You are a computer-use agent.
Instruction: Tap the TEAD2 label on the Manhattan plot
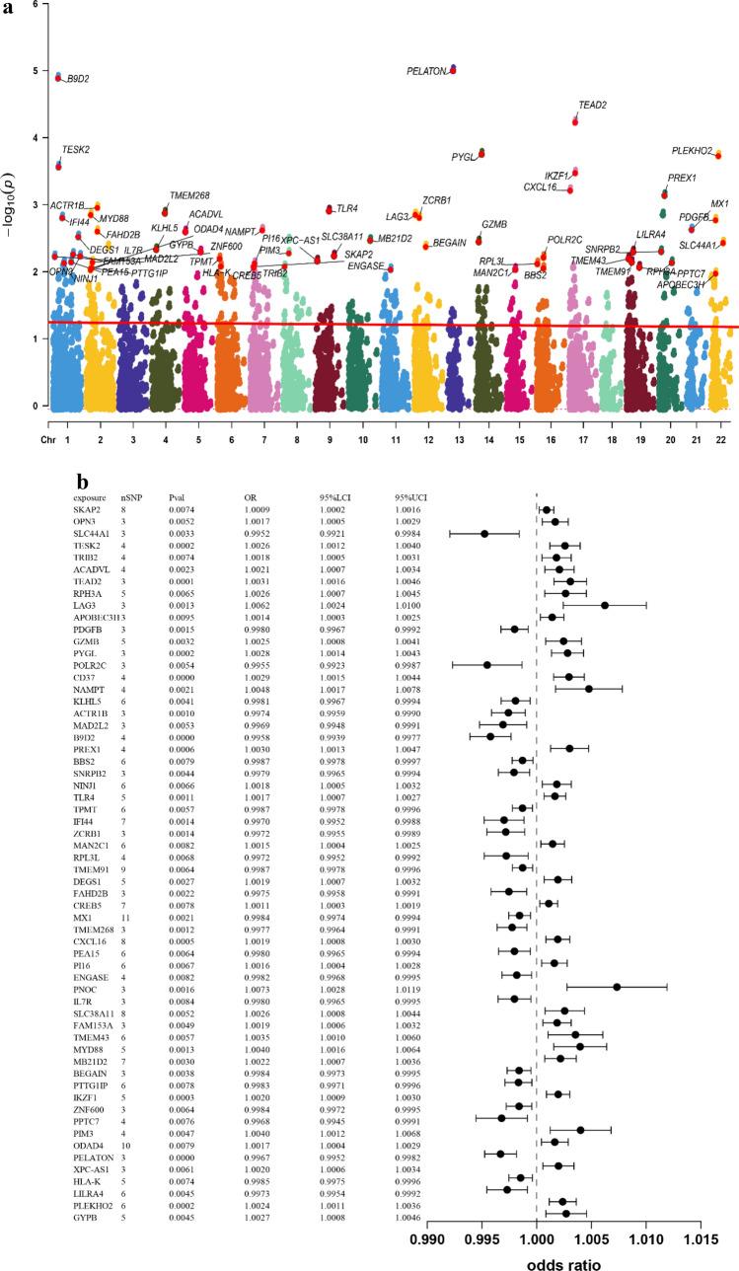592,105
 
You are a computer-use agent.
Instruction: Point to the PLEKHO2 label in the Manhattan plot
692,151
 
